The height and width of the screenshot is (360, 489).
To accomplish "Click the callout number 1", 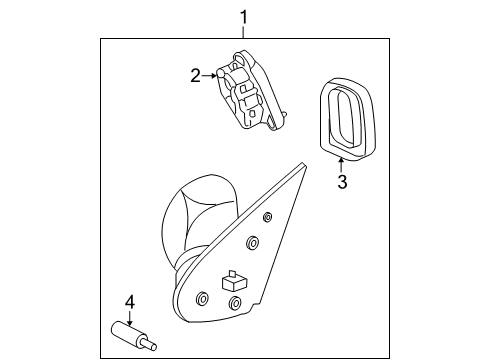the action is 244,17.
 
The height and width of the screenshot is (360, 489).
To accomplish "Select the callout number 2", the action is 196,76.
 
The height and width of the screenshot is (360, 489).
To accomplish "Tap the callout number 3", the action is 342,182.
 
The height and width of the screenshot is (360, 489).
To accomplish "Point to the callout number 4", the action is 130,302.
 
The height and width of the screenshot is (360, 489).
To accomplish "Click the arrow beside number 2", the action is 209,76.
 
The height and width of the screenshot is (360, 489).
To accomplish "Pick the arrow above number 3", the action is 341,165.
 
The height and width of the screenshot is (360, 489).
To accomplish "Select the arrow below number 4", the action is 130,318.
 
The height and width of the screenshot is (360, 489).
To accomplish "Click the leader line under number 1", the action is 244,32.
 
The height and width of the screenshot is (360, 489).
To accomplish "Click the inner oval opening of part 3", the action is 346,117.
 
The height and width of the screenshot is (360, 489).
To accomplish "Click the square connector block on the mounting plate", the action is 234,281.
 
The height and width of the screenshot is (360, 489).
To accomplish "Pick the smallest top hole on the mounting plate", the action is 267,217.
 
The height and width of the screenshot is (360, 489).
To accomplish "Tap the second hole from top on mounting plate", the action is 252,242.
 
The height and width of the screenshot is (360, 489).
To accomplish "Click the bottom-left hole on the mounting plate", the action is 202,298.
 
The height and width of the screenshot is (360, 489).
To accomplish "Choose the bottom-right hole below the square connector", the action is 235,303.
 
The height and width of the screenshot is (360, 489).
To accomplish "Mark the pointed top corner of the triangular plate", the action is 302,163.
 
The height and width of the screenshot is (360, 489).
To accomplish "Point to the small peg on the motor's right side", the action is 284,114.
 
